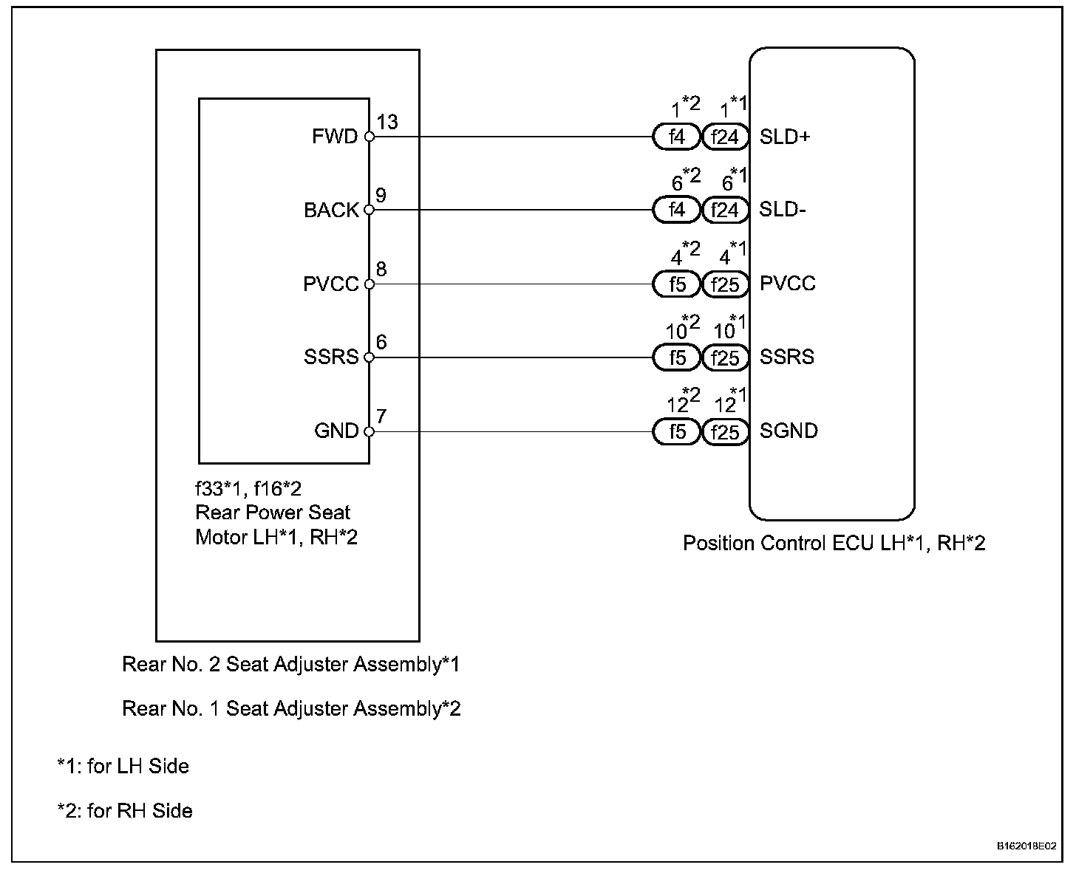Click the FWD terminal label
pos(335,137)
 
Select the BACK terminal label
pos(331,210)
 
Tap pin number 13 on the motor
pos(387,122)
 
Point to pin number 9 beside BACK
pos(381,196)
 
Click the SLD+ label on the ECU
pos(785,137)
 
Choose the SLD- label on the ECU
pos(783,210)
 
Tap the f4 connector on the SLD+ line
pos(676,137)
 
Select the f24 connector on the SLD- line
pos(725,210)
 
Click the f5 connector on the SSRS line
pos(676,357)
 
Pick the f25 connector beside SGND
pos(725,431)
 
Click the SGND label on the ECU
pos(789,431)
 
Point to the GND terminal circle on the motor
pos(370,431)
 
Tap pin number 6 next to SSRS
pos(381,343)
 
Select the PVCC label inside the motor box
pos(330,284)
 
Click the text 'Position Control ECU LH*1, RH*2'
pos(834,544)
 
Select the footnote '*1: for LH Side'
pos(123,766)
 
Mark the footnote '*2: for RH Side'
pos(125,810)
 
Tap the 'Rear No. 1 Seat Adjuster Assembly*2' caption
pos(291,709)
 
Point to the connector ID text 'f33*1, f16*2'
pos(248,488)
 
